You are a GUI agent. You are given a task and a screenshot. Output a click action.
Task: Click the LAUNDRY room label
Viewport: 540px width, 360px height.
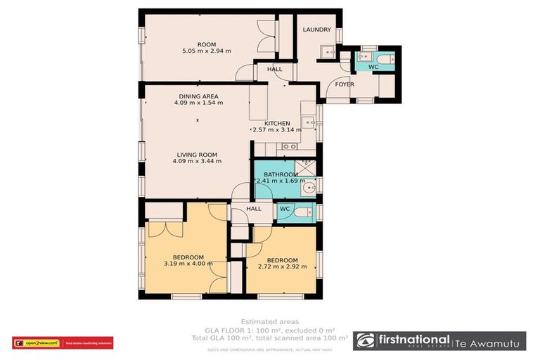(x=316, y=30)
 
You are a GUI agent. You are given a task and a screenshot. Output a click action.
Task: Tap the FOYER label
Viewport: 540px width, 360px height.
(x=344, y=84)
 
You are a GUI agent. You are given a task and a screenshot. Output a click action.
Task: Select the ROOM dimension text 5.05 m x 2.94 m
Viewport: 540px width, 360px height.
(x=206, y=51)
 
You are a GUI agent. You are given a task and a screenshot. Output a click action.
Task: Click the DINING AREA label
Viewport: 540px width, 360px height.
(x=198, y=96)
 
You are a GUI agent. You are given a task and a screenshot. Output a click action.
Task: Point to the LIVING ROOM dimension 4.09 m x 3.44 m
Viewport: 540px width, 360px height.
(x=197, y=161)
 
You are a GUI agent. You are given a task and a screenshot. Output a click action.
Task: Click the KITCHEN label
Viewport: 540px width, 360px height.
(x=276, y=123)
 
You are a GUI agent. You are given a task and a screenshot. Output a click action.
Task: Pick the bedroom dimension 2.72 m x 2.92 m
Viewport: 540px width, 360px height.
(x=283, y=267)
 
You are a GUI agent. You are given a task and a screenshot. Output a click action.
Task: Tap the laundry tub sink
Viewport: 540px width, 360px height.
(x=327, y=53)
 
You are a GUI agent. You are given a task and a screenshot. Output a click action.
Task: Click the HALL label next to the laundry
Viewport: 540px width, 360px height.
(x=274, y=69)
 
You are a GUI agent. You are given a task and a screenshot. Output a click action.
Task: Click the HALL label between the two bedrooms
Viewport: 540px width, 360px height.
(x=254, y=208)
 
